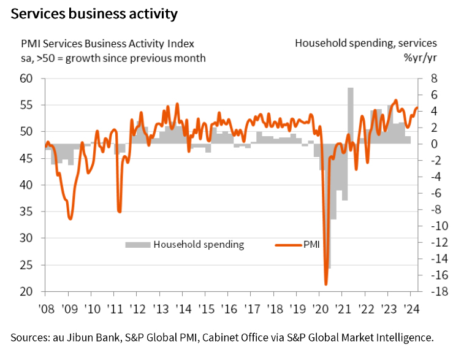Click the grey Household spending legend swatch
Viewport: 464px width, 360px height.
pos(137,245)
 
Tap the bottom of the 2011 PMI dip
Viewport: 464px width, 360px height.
pos(120,212)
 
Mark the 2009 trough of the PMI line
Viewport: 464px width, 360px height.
pos(70,219)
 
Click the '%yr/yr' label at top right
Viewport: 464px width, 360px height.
pos(420,58)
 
